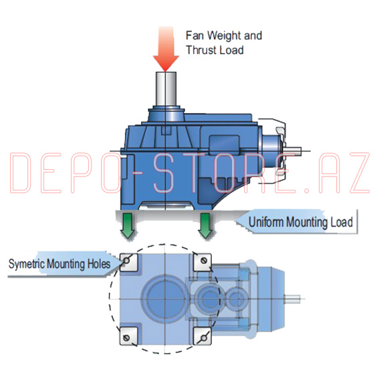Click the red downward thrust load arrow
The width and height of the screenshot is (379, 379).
pos(166,48)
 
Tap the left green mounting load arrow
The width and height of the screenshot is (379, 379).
pos(128,226)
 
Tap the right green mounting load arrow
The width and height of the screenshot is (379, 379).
pos(205,226)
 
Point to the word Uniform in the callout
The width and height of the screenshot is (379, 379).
pos(266,222)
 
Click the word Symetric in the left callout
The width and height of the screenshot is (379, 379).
pos(26,264)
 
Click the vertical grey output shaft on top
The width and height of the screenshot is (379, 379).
pos(166,88)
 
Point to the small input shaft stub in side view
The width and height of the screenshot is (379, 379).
pos(293,151)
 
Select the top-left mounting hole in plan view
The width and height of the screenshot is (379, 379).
pos(126,261)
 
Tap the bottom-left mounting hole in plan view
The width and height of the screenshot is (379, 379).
pos(126,338)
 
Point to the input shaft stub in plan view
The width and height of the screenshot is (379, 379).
pos(293,299)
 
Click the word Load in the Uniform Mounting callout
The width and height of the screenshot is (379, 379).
pos(342,222)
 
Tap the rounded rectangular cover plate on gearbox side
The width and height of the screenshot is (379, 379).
pos(224,143)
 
